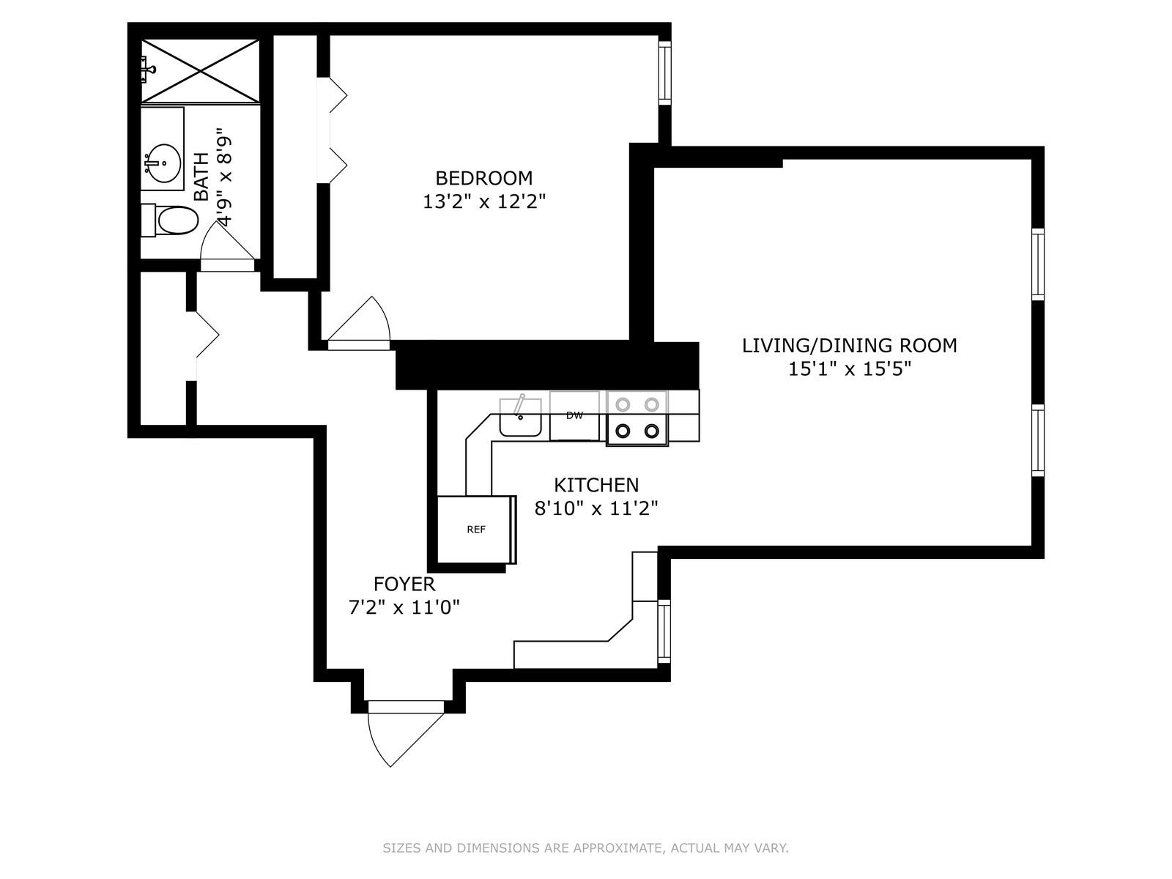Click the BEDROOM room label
(x=483, y=178)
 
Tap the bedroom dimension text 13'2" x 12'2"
(x=484, y=201)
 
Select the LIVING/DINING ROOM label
(x=850, y=346)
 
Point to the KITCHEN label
(x=596, y=485)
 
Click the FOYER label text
(x=404, y=585)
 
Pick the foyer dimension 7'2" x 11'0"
(x=404, y=607)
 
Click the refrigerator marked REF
(x=476, y=530)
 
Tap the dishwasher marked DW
(x=574, y=416)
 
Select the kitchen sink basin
(x=521, y=418)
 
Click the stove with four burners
(x=637, y=418)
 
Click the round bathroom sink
(x=163, y=163)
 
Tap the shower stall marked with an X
(x=200, y=71)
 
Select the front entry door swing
(x=406, y=739)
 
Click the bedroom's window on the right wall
(x=664, y=73)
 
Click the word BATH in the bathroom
(x=202, y=177)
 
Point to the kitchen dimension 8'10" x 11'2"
(x=596, y=508)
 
